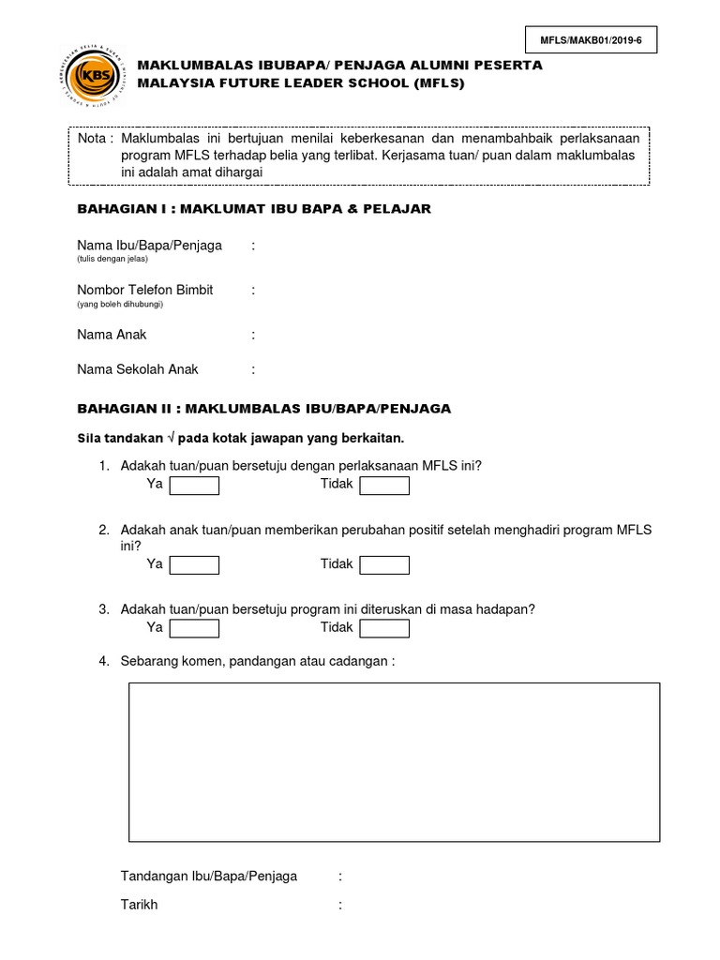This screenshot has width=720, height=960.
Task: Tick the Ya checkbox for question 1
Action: click(194, 486)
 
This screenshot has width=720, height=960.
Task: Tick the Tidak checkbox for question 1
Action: click(384, 486)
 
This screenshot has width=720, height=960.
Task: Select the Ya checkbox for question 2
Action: click(194, 565)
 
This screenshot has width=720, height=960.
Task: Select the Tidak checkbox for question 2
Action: click(384, 565)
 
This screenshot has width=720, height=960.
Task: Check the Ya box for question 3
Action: click(194, 628)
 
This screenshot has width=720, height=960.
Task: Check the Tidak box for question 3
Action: click(384, 628)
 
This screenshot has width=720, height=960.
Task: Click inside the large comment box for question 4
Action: click(394, 761)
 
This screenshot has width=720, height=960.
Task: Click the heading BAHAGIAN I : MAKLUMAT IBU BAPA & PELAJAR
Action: click(254, 209)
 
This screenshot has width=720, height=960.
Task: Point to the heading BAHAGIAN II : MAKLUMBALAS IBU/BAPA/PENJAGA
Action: click(263, 409)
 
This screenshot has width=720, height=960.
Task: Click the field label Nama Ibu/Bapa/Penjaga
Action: click(149, 246)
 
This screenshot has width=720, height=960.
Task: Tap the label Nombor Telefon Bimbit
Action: click(144, 291)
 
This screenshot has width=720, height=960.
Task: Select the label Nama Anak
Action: click(112, 335)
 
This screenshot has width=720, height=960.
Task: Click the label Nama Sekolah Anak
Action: click(138, 369)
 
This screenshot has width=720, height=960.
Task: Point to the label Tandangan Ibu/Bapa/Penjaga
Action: click(209, 877)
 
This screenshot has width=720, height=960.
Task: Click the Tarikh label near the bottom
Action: click(140, 906)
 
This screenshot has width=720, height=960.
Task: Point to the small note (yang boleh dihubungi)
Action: click(114, 304)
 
